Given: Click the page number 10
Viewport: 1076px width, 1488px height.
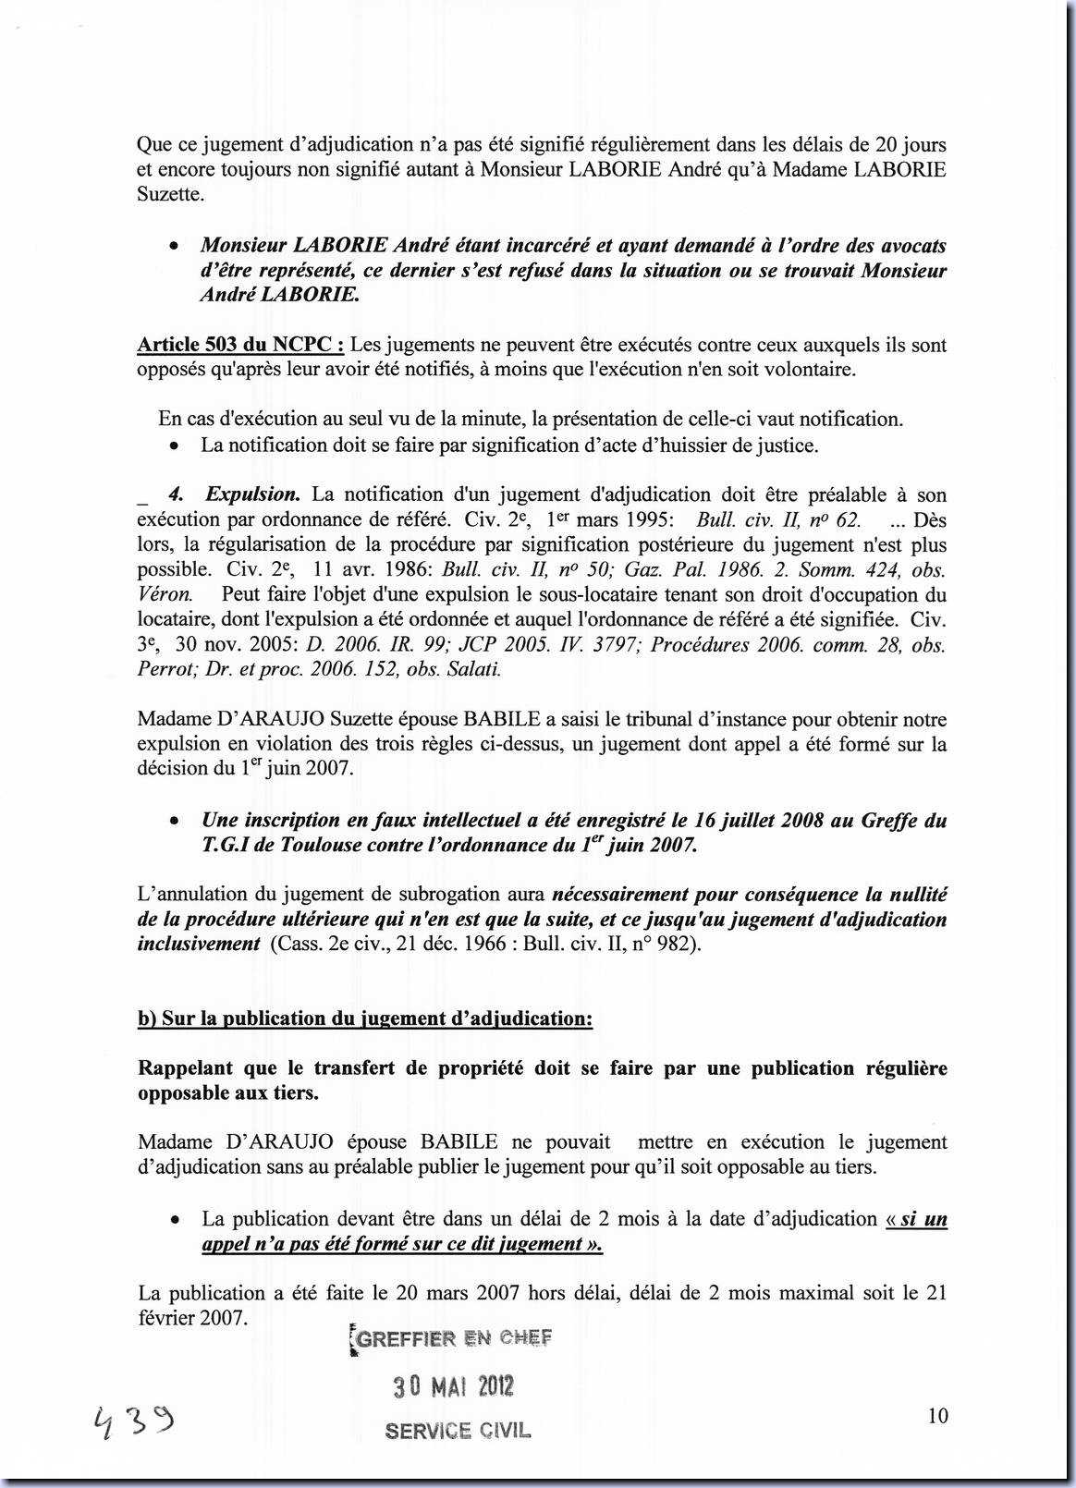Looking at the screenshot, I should click(x=937, y=1416).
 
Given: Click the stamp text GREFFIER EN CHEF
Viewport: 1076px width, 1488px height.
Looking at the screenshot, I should click(x=453, y=1338).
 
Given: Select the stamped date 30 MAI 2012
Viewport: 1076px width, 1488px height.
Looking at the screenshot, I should click(x=453, y=1386).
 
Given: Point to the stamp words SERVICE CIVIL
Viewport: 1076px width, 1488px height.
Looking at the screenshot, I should click(x=458, y=1431).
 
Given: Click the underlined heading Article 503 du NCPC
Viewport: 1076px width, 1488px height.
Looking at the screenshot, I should click(x=240, y=345).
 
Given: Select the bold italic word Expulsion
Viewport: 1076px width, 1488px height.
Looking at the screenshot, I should click(x=252, y=494).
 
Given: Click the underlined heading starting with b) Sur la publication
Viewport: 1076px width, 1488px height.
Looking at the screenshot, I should click(x=364, y=1018).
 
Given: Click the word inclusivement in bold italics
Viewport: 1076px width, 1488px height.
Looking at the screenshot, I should click(x=199, y=944).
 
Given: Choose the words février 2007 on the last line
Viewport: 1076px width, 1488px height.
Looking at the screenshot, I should click(x=192, y=1317).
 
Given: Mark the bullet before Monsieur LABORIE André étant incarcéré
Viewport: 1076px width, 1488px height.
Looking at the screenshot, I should click(x=173, y=248).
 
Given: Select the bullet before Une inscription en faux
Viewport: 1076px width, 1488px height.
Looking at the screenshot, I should click(x=173, y=822).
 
